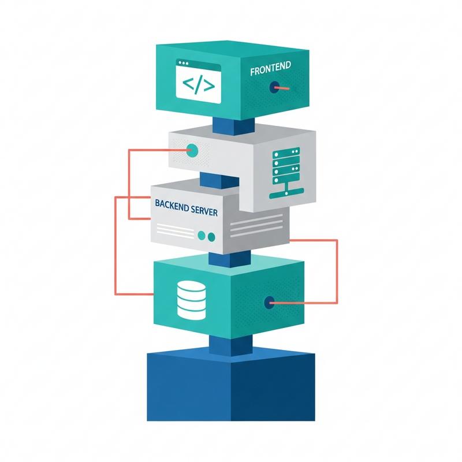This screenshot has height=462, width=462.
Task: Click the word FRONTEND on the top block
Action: [x=271, y=72]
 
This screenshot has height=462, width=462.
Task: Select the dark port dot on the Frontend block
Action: [x=271, y=87]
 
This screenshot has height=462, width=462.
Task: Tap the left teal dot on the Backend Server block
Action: [x=201, y=236]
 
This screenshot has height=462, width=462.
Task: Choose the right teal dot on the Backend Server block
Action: [x=211, y=236]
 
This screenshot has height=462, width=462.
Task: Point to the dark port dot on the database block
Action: [x=269, y=301]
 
